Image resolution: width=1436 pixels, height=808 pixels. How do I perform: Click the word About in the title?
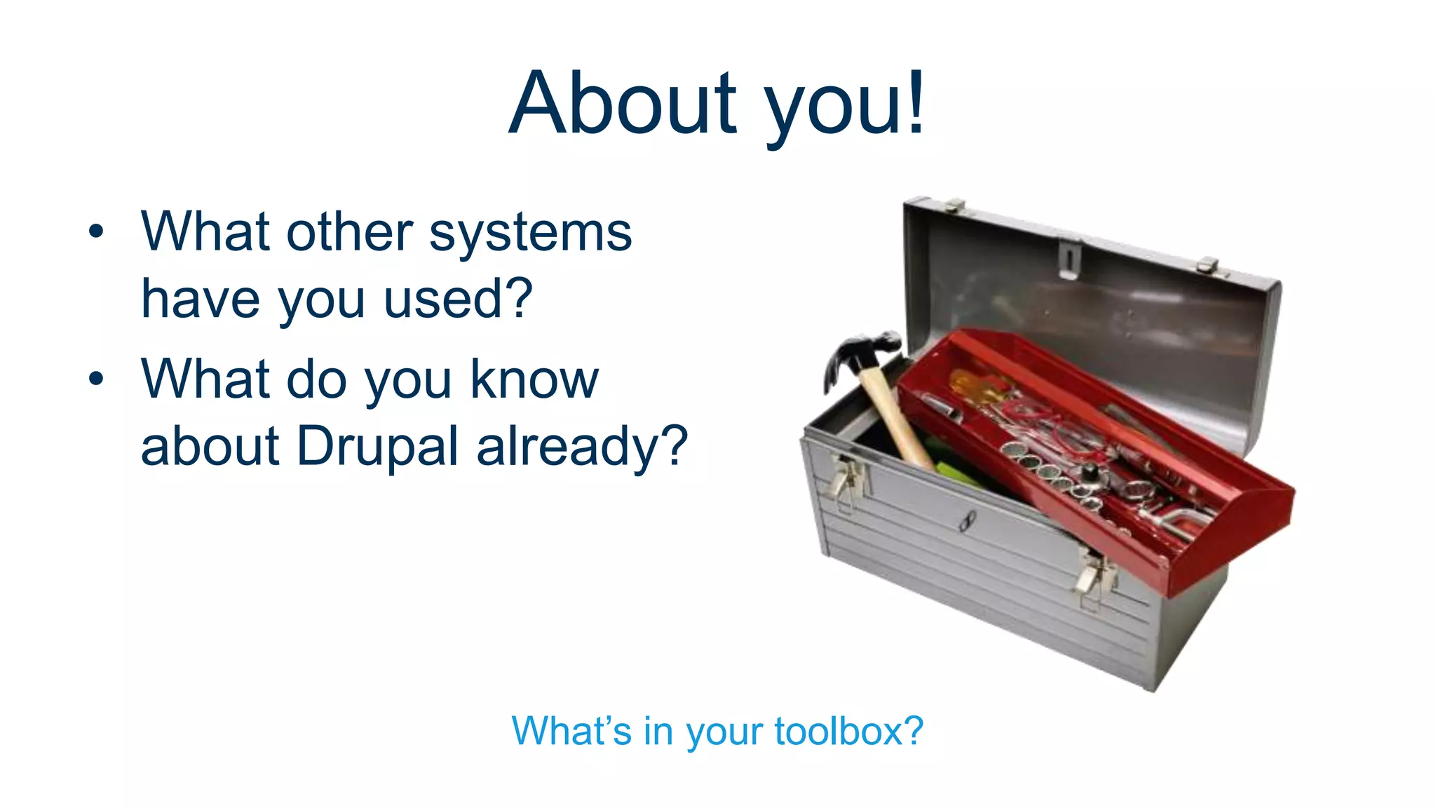click(623, 104)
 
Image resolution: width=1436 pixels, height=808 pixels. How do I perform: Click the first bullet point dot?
click(96, 231)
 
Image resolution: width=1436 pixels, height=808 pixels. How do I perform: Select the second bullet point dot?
click(96, 379)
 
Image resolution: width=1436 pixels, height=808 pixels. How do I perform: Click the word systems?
click(530, 233)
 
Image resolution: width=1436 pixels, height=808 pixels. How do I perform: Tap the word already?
click(582, 447)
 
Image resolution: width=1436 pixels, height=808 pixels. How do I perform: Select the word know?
click(534, 379)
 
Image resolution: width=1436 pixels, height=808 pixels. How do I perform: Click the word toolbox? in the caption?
click(848, 731)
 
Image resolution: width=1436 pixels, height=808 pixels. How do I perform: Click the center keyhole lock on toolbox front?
click(968, 521)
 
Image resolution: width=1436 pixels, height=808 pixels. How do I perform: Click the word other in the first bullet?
click(349, 233)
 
